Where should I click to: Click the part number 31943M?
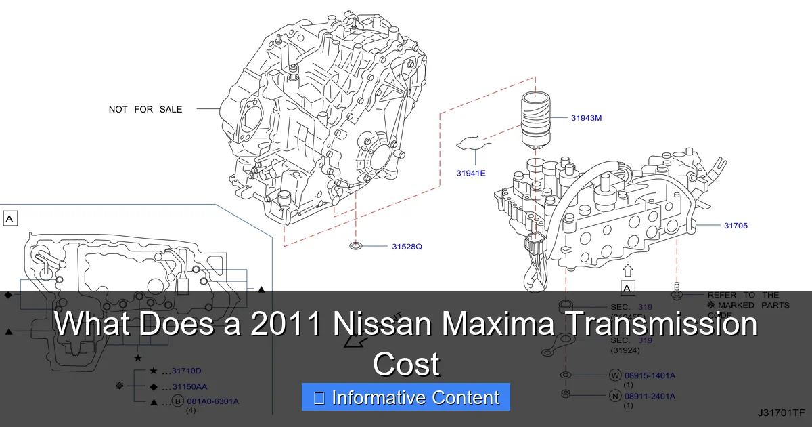pyautogui.click(x=586, y=118)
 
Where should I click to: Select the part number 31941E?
pyautogui.click(x=471, y=174)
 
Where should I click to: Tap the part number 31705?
pyautogui.click(x=736, y=225)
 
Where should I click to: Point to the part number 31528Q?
pyautogui.click(x=407, y=246)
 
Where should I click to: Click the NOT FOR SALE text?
pyautogui.click(x=145, y=109)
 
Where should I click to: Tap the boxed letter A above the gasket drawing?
pyautogui.click(x=10, y=218)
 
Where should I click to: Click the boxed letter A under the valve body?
pyautogui.click(x=627, y=289)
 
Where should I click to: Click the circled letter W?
pyautogui.click(x=614, y=375)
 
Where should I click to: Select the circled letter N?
pyautogui.click(x=614, y=396)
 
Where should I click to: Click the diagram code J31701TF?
pyautogui.click(x=782, y=412)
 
